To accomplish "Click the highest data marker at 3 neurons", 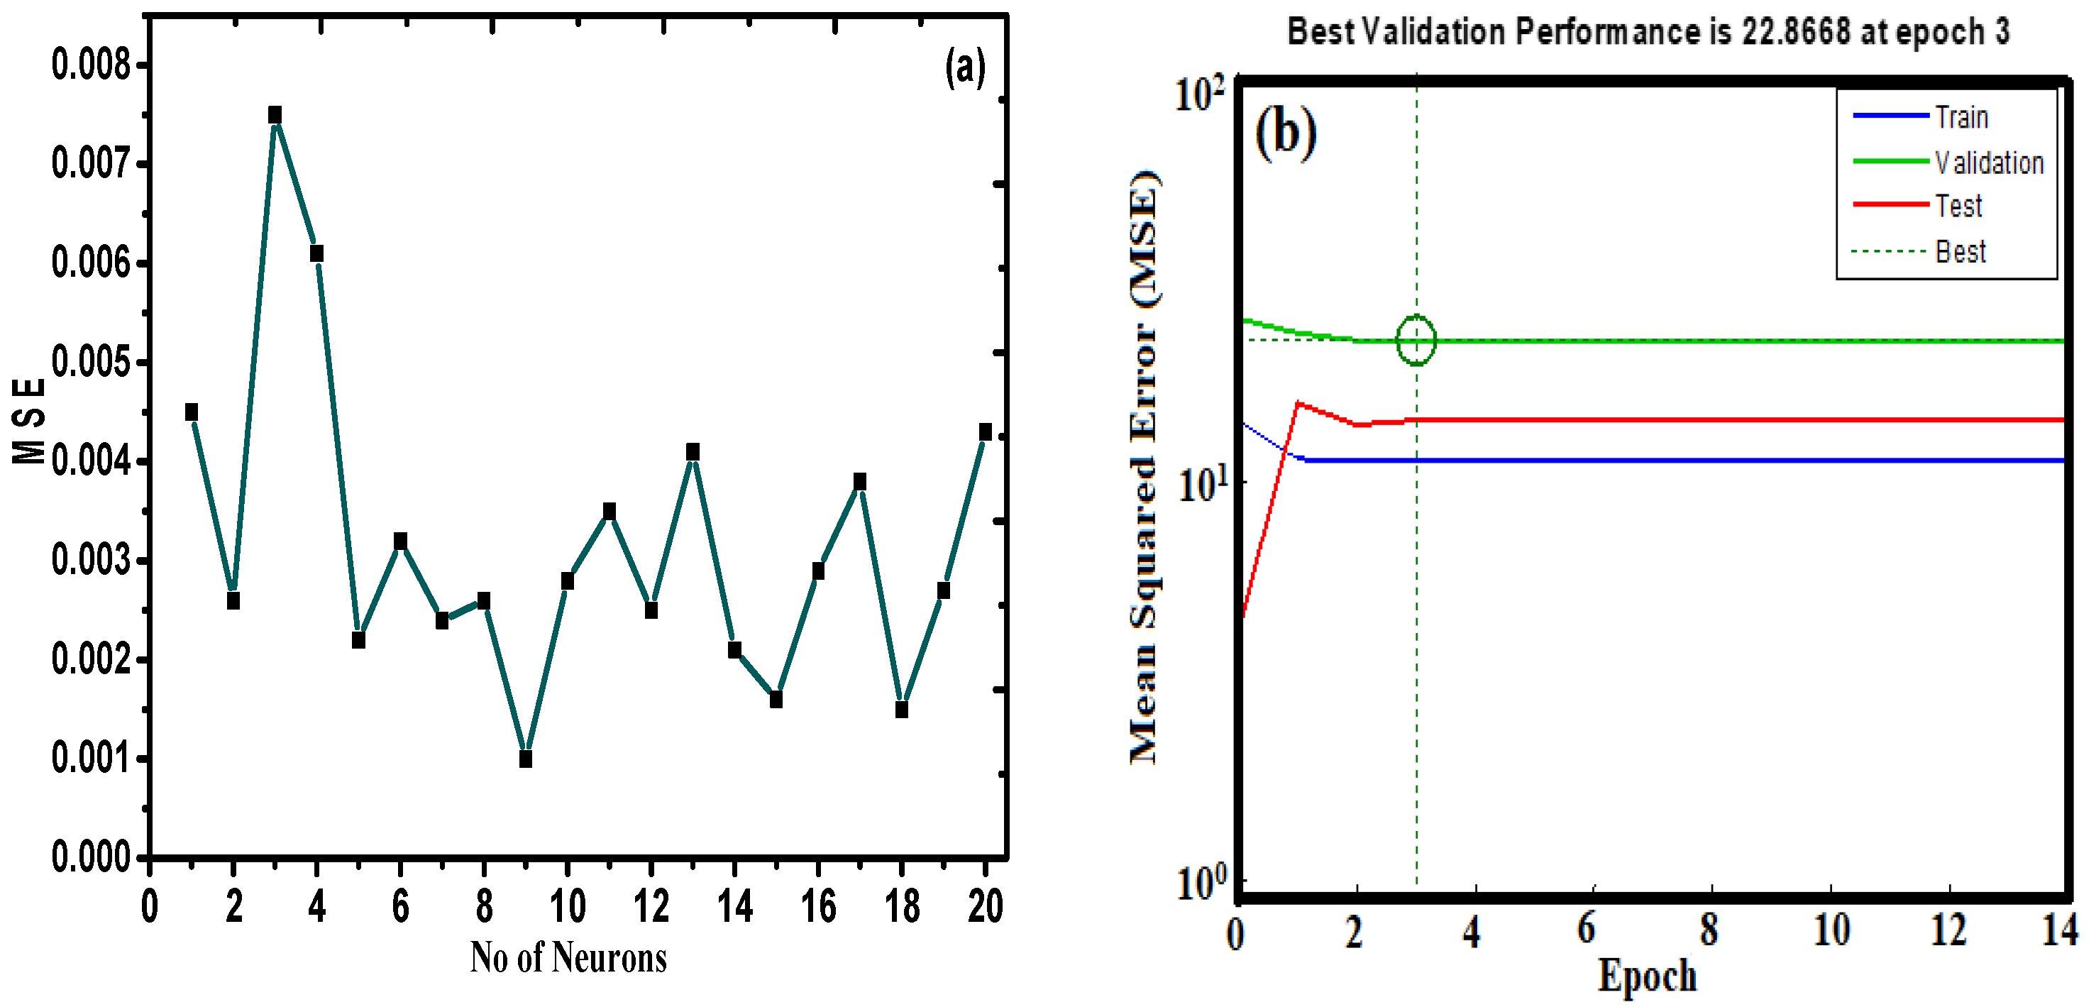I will pyautogui.click(x=275, y=115).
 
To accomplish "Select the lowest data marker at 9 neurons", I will pyautogui.click(x=526, y=759).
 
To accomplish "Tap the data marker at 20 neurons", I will pyautogui.click(x=986, y=431).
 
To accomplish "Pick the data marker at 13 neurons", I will pyautogui.click(x=693, y=452).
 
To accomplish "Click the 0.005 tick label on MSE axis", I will pyautogui.click(x=90, y=362).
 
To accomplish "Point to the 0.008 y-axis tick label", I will pyautogui.click(x=90, y=65).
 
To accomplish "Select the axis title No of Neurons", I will pyautogui.click(x=568, y=957).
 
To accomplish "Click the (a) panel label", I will pyautogui.click(x=965, y=67).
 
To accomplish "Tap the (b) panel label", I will pyautogui.click(x=1286, y=133).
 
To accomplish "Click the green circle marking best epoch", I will pyautogui.click(x=1416, y=341).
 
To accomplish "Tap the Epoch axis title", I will pyautogui.click(x=1647, y=974).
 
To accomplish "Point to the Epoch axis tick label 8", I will pyautogui.click(x=1709, y=929).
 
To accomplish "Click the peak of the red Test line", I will pyautogui.click(x=1298, y=403).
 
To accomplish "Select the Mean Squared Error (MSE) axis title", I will pyautogui.click(x=1144, y=468).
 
